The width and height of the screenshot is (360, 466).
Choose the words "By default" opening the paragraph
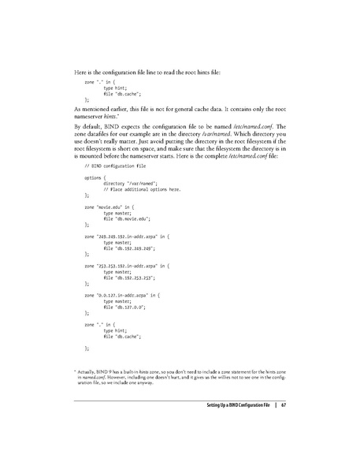pyautogui.click(x=87, y=127)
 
